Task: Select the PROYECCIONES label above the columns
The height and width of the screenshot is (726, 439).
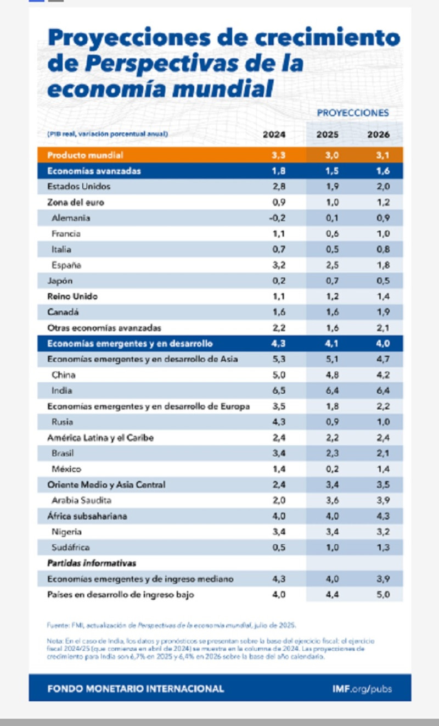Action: (352, 113)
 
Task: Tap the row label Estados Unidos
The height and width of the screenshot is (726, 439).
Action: (78, 186)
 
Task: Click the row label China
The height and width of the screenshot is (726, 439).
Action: (63, 375)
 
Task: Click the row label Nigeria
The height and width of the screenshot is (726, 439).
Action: (66, 532)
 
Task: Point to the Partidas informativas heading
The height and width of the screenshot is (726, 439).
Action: (92, 563)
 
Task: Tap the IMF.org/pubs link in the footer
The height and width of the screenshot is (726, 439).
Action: (362, 689)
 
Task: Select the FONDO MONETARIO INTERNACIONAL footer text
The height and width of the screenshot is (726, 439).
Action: (136, 689)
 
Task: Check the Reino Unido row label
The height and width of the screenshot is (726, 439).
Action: (72, 297)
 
